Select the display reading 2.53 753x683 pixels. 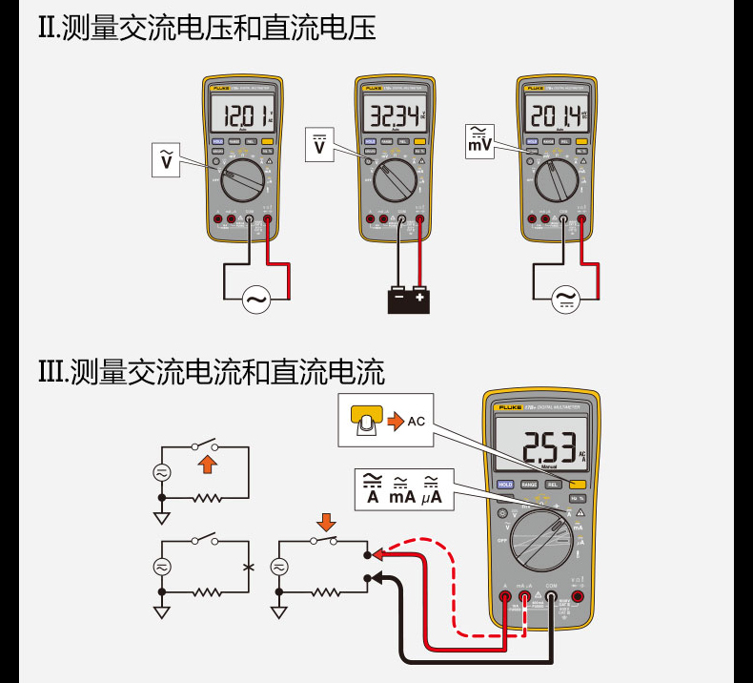point(544,445)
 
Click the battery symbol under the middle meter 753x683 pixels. point(409,299)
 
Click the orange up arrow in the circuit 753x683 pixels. point(206,466)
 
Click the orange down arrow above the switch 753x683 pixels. point(326,522)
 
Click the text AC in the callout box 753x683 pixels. point(417,421)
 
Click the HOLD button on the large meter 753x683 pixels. point(505,485)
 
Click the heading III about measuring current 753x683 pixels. point(212,369)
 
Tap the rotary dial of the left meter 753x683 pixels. point(240,178)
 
